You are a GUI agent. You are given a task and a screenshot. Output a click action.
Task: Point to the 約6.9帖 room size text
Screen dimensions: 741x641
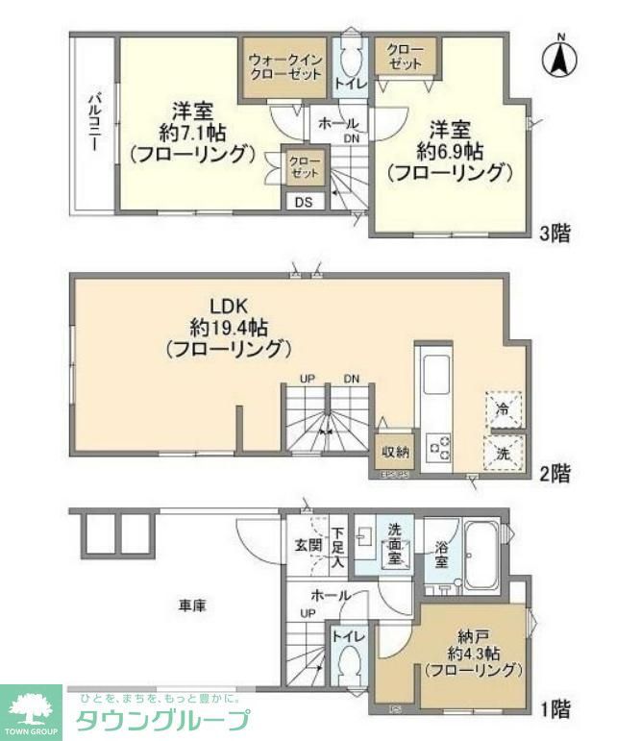click(450, 152)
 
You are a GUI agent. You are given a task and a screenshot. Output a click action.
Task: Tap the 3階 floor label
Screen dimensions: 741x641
click(557, 234)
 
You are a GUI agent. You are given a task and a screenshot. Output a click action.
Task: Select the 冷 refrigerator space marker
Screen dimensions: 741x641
click(504, 408)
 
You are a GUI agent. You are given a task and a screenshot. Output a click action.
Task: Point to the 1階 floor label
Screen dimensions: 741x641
click(555, 710)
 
